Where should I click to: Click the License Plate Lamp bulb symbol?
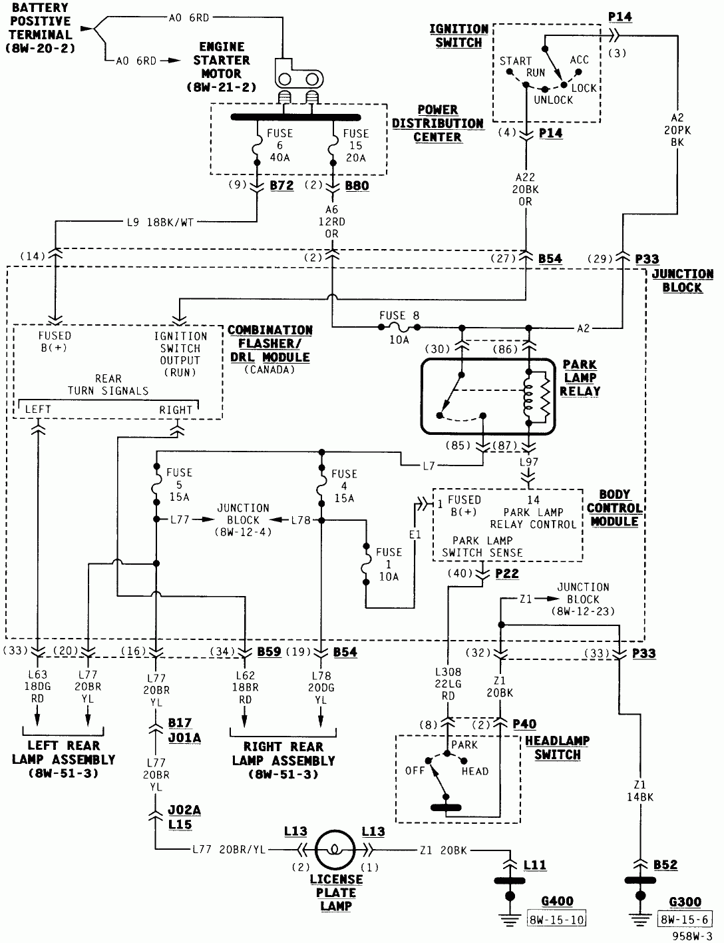335,850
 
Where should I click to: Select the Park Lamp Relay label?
580,378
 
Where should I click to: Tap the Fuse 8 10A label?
399,327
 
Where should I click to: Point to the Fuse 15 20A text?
355,145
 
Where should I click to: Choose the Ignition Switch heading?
458,36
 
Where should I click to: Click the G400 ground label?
557,902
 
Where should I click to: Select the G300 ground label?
685,902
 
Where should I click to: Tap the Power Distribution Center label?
437,123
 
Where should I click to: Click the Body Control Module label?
614,508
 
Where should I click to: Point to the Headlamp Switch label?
557,748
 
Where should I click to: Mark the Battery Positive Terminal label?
41,28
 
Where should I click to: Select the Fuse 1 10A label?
389,564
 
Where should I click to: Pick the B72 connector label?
281,186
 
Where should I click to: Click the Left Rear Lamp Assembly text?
63,759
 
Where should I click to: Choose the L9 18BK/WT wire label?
160,222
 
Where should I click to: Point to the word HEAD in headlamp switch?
474,771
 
